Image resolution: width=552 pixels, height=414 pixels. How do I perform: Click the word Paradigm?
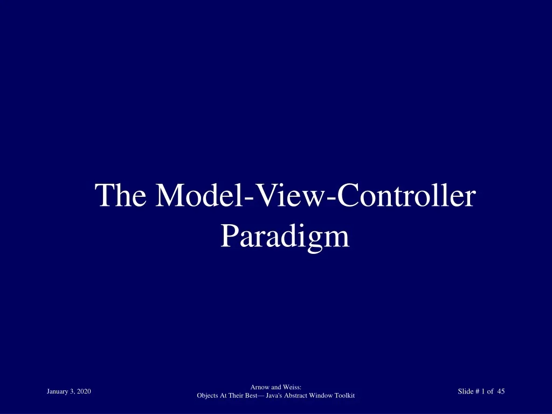click(285, 237)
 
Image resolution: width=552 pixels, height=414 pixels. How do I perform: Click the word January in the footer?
click(58, 392)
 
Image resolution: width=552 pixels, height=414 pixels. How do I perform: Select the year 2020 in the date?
click(84, 392)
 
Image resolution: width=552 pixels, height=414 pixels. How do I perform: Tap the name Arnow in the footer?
click(260, 387)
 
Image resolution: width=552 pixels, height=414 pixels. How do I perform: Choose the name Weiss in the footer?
click(291, 387)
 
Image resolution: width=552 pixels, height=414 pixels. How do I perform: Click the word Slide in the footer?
click(465, 392)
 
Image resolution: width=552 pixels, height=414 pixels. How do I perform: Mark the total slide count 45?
click(501, 392)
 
